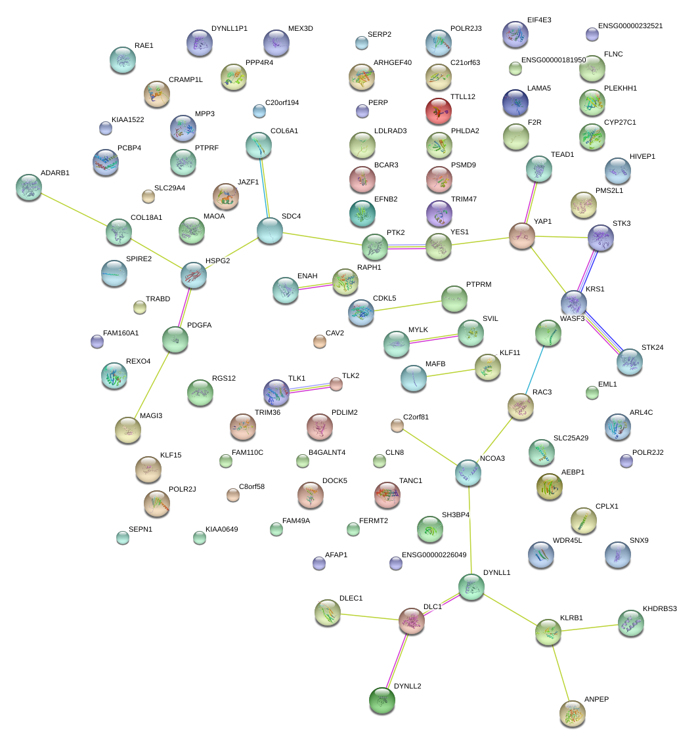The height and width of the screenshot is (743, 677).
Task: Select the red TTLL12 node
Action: click(439, 111)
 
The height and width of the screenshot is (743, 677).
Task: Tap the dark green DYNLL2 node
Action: click(382, 700)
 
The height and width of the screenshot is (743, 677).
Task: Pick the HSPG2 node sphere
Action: click(194, 275)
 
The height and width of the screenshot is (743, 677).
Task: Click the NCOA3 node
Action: click(468, 472)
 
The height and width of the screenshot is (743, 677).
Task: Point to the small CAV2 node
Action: click(319, 341)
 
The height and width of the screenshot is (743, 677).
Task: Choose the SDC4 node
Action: click(270, 230)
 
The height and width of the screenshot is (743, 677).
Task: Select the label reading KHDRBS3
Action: click(659, 609)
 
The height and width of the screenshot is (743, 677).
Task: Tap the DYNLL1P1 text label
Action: click(229, 29)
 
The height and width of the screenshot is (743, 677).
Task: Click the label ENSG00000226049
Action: click(434, 555)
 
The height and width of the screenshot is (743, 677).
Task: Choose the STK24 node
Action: click(630, 362)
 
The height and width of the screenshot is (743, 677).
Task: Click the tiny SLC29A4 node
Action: click(148, 196)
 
